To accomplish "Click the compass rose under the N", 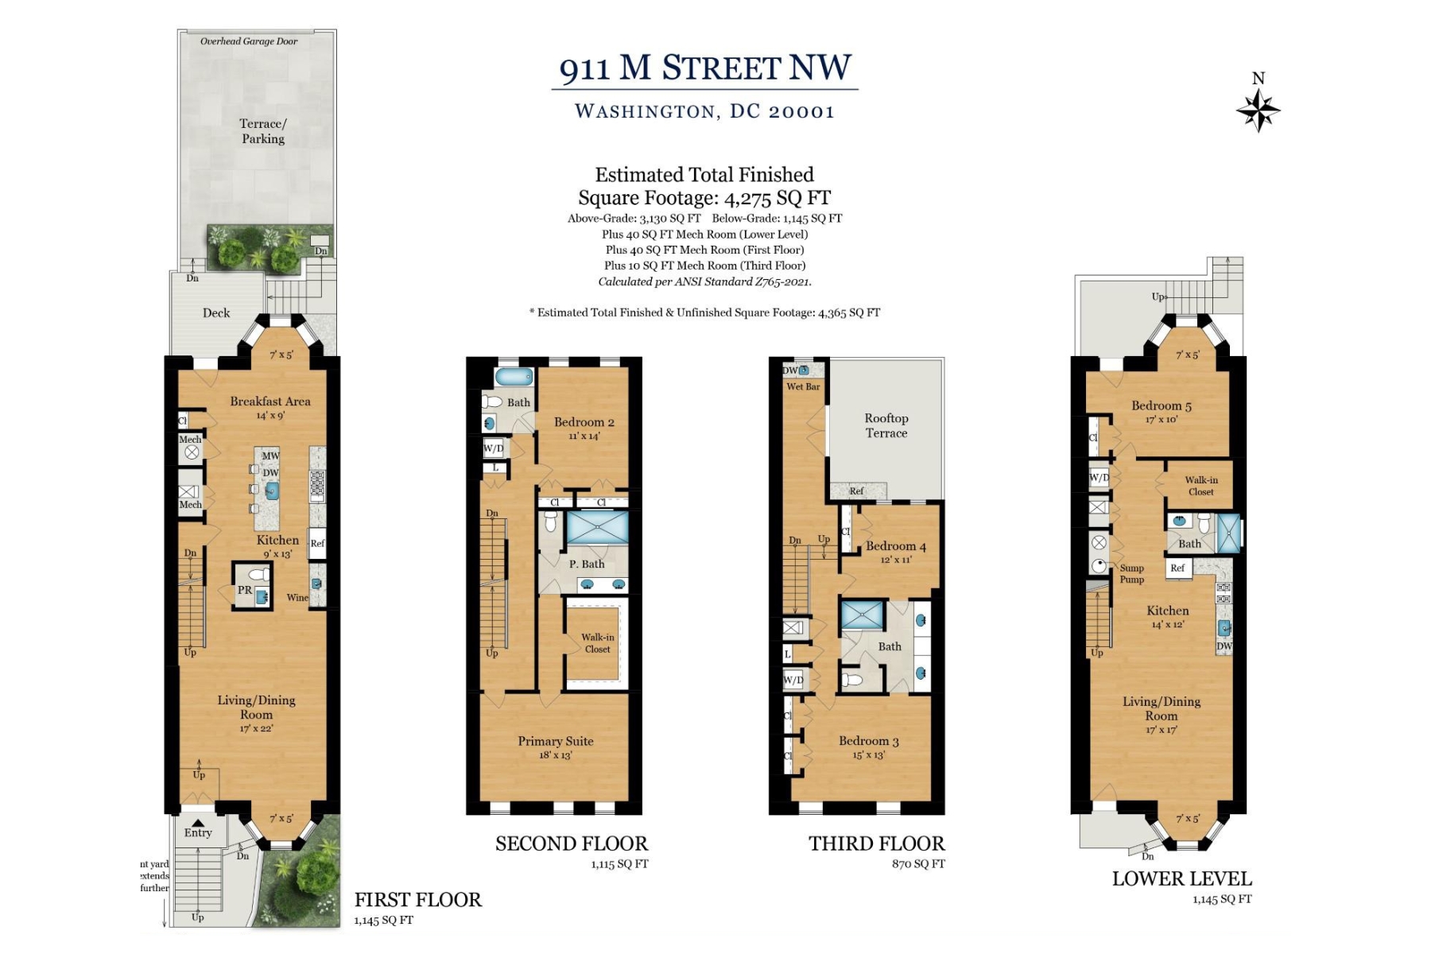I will pos(1258,110).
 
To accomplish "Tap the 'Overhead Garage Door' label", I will pos(249,41).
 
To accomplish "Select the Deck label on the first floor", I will pos(216,313).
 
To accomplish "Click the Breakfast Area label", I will pos(270,401).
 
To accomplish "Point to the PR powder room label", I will pos(245,590).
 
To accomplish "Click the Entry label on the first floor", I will pos(198,833).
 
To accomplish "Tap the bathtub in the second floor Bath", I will pos(514,377).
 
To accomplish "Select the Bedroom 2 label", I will pos(584,422).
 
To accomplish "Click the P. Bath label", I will pos(587,564).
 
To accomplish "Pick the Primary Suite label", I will pos(556,741).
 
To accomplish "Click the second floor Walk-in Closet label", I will pos(597,643).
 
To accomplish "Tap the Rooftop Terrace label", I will pos(886,425).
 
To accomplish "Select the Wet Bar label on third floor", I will pos(803,386).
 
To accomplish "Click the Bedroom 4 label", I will pos(895,546).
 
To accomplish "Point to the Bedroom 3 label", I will pos(868,741).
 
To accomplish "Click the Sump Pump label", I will pos(1131,573).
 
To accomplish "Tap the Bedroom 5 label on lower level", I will pos(1161,405).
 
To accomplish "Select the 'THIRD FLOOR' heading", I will pos(876,843).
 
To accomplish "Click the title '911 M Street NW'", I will pos(704,68).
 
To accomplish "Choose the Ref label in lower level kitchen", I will pos(1177,568).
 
